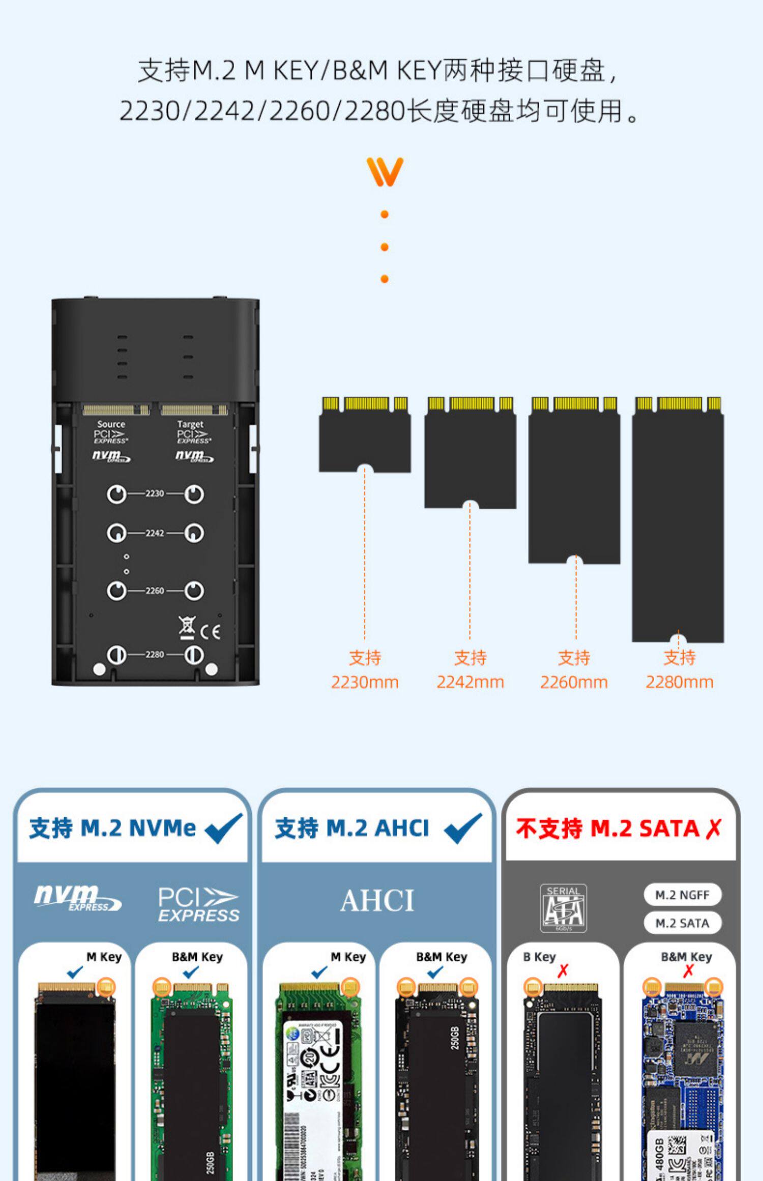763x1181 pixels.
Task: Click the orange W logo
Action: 385,171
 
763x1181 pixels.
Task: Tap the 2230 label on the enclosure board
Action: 155,493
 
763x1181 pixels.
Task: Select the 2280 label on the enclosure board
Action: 155,654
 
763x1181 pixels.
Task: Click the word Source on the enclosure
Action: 111,424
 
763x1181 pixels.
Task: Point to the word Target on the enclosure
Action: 190,424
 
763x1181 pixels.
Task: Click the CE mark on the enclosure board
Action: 211,632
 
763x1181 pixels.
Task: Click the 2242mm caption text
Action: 470,682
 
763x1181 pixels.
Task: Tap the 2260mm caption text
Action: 574,682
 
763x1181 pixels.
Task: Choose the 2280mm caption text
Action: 680,682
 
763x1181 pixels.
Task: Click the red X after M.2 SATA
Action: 714,829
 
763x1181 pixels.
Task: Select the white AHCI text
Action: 377,901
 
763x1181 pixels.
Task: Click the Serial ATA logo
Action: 563,908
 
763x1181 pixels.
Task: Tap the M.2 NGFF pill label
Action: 682,895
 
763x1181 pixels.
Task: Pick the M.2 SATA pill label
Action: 682,923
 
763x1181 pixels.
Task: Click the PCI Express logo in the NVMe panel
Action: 198,905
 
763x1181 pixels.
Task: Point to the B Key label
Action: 539,957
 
